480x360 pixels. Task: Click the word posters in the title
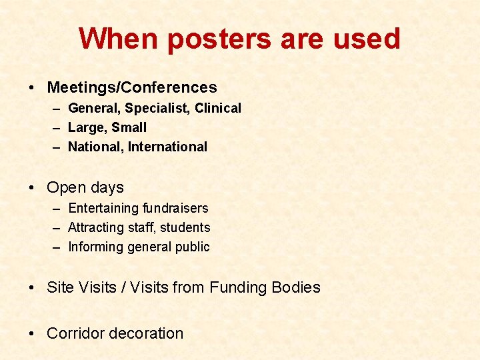tap(219, 39)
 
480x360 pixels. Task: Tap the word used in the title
tap(365, 39)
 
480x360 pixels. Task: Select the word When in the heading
tap(119, 39)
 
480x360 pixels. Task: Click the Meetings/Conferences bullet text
tap(132, 87)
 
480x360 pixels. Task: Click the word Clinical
tap(218, 108)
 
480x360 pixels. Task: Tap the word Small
tap(129, 127)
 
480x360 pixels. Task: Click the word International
tap(168, 147)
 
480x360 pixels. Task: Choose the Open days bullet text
tap(85, 188)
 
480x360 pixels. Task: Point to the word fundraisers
tap(175, 208)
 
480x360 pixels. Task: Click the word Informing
tap(96, 247)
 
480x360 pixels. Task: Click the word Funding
tap(238, 287)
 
